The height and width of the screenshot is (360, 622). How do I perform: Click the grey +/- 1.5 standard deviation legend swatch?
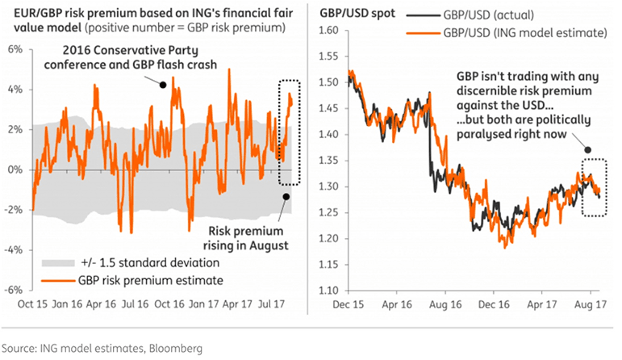pyautogui.click(x=52, y=263)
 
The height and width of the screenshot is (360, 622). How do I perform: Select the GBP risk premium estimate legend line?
pyautogui.click(x=52, y=279)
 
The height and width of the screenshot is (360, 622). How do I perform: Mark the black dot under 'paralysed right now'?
pyautogui.click(x=587, y=150)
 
